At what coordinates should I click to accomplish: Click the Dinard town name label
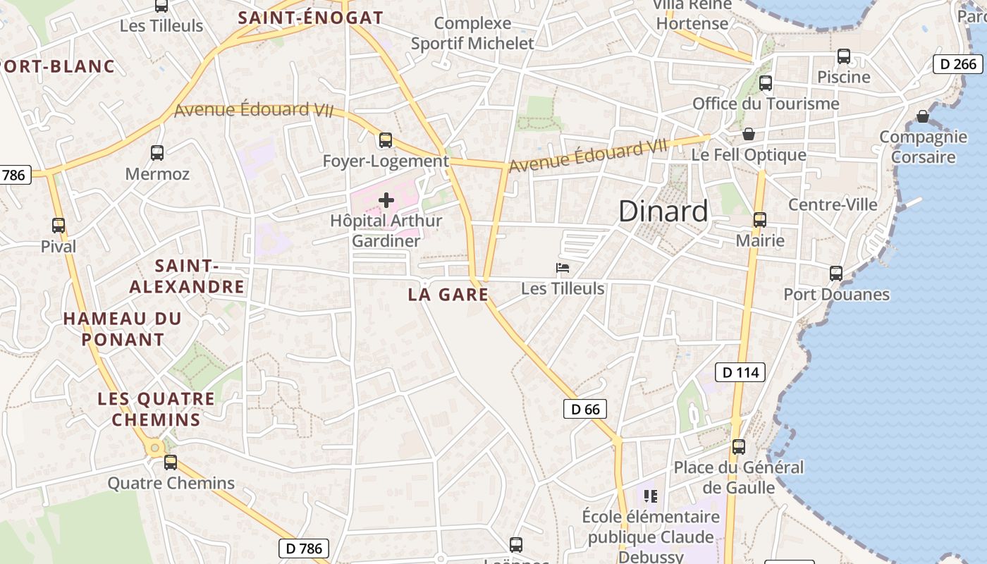(663, 211)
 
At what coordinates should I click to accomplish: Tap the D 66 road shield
(585, 409)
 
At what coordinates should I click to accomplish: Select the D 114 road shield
(740, 372)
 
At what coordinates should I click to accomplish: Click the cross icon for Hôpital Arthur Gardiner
(386, 200)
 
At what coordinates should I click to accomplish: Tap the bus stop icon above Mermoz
(157, 152)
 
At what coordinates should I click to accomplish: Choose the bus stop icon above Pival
(59, 226)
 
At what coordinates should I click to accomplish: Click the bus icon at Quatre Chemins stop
(171, 462)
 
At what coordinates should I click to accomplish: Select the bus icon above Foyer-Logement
(386, 140)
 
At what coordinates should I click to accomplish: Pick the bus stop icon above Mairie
(760, 219)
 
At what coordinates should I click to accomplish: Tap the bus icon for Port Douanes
(836, 273)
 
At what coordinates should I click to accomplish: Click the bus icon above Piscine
(844, 56)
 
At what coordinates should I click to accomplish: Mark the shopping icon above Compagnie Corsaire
(923, 116)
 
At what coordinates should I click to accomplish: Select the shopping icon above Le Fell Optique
(749, 133)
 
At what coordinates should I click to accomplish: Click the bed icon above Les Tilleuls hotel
(563, 268)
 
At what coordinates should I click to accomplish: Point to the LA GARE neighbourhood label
(448, 295)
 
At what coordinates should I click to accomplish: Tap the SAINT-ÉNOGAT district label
(310, 18)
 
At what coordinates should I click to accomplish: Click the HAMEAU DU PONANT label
(123, 329)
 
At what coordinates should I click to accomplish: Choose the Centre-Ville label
(833, 204)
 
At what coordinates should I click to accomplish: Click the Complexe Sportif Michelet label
(472, 33)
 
